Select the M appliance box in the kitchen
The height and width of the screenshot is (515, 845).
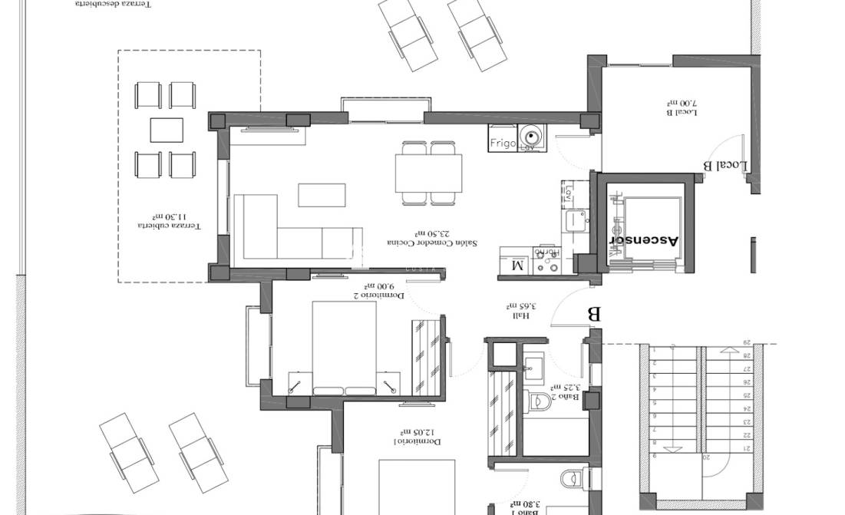(517, 266)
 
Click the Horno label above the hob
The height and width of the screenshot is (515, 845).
(546, 252)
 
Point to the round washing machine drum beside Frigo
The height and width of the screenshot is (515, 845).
(530, 137)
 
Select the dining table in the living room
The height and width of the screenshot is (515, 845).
(429, 173)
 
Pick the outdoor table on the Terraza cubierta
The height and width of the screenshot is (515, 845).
(167, 130)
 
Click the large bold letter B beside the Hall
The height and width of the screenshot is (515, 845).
(592, 315)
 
